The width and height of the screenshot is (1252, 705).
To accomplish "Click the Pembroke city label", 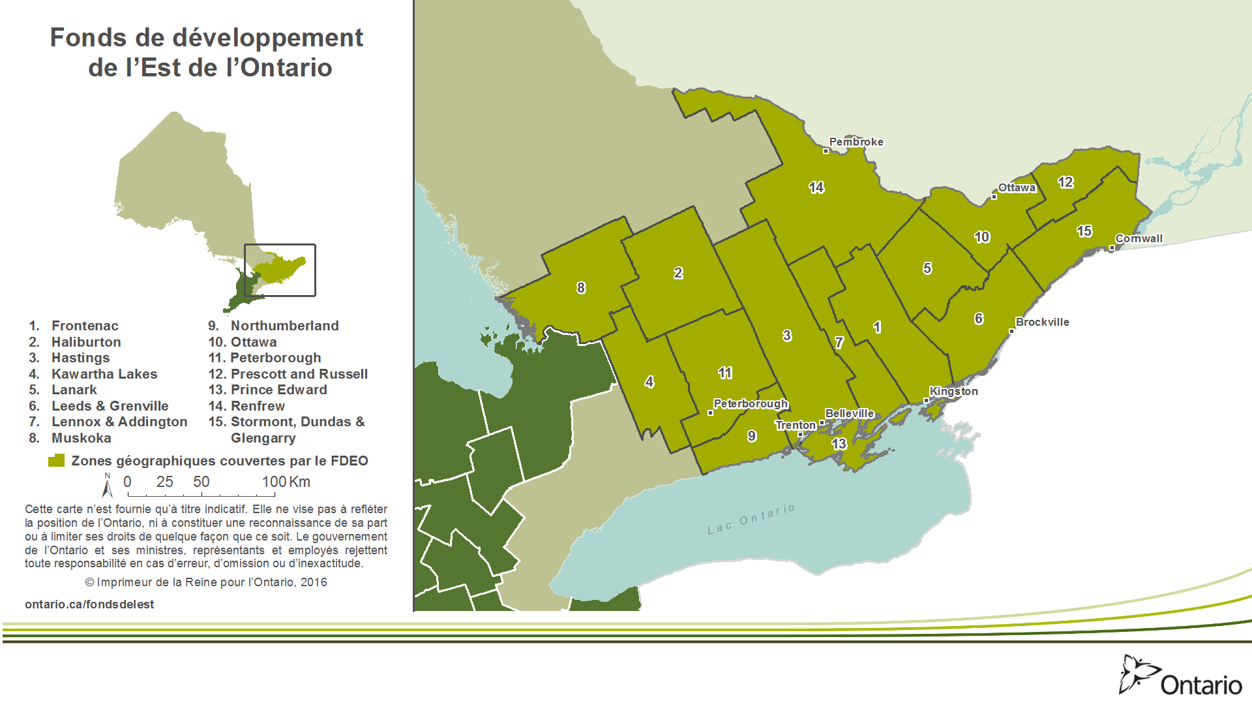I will (856, 142).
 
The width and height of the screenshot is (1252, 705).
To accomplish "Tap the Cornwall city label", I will (1139, 238).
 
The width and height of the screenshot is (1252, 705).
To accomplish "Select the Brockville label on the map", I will (1042, 322).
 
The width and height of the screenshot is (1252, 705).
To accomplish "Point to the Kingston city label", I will (953, 391).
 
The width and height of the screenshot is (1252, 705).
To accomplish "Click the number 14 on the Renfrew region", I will (816, 188).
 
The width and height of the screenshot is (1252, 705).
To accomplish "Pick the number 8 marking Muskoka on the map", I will (581, 288).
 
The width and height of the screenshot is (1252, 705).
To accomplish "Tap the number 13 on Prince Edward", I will (839, 444).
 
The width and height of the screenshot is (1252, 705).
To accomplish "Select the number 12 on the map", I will (1066, 182).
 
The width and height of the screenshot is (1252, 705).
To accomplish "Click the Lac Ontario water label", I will (751, 519).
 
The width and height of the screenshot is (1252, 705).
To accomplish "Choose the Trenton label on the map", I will (796, 425).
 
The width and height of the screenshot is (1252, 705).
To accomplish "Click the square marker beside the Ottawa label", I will (994, 196).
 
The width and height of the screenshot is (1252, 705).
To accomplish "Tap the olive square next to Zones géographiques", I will (57, 461).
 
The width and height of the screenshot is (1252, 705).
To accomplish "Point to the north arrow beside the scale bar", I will (108, 486).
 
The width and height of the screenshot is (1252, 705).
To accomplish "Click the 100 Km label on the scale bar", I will (286, 482).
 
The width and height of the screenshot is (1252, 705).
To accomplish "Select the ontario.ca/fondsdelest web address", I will (89, 604).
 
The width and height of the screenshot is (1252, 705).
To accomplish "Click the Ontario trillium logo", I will (1139, 674).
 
